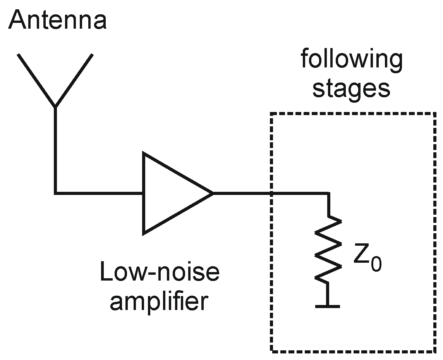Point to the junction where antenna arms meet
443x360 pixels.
(56, 106)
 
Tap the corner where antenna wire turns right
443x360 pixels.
(56, 192)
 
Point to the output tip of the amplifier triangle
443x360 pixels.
(212, 193)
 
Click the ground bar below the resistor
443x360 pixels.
(328, 306)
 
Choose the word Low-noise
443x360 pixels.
(160, 272)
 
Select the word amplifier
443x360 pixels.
(159, 302)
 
